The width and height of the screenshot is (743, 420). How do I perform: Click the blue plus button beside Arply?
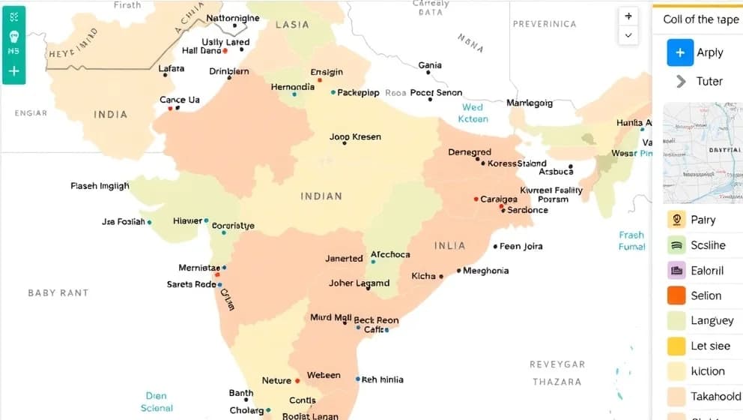click(x=680, y=52)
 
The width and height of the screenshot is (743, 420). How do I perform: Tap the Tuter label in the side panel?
click(x=709, y=81)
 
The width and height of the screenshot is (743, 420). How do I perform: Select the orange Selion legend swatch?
click(x=676, y=295)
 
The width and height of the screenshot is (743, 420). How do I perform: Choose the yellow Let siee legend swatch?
click(x=676, y=346)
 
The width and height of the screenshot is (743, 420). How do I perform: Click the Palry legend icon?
click(x=676, y=220)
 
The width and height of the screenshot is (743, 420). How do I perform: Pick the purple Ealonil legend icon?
click(x=676, y=270)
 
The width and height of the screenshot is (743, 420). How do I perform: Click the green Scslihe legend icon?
click(x=676, y=244)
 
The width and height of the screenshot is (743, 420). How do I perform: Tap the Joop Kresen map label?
click(x=355, y=137)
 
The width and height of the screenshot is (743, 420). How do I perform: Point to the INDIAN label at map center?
click(x=321, y=196)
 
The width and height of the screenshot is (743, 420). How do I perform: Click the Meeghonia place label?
click(x=485, y=271)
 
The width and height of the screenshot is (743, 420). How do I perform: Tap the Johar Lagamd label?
click(x=359, y=283)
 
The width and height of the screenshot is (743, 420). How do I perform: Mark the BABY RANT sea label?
click(x=58, y=292)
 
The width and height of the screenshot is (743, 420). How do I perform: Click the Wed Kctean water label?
click(x=473, y=113)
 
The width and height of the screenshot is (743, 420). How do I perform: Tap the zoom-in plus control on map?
click(x=628, y=16)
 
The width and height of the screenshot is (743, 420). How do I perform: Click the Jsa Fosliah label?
click(x=123, y=222)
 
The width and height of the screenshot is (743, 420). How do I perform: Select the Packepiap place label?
click(x=359, y=93)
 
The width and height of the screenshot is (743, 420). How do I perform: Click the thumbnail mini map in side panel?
click(x=702, y=153)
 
